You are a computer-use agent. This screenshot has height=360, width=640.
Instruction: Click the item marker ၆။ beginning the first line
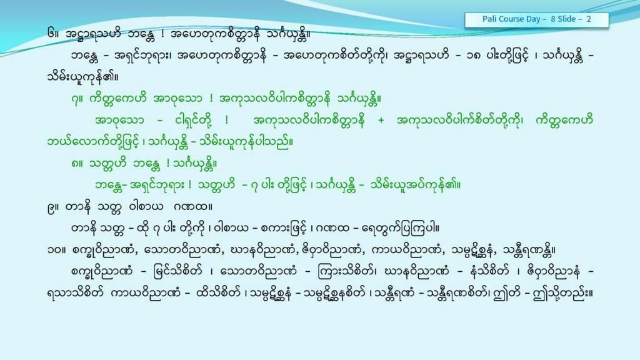(54, 34)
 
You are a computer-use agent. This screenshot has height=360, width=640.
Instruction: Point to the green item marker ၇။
(76, 99)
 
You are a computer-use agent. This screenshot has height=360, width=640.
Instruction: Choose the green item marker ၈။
(77, 164)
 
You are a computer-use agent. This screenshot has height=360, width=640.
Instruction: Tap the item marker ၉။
(54, 207)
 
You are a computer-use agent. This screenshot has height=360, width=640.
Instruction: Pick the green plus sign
(381, 121)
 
